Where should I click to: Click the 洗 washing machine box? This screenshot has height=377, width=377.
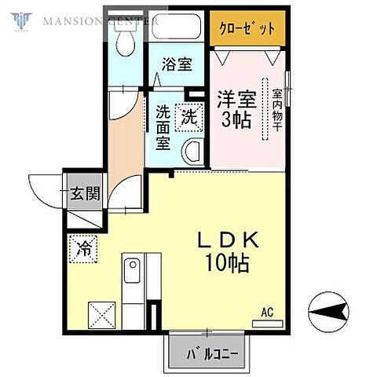coord(189,117)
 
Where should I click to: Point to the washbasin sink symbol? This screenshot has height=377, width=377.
coord(192,150)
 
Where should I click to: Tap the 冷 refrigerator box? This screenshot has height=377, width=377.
coord(83,249)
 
